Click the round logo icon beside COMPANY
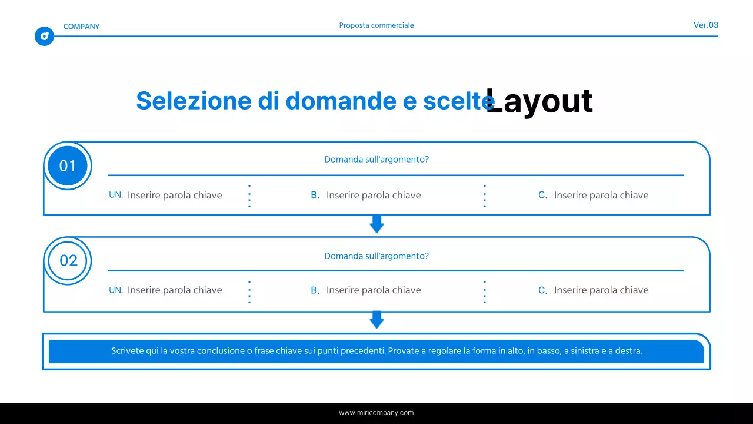coord(44,37)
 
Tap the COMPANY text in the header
coord(81,26)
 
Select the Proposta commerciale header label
coord(376,25)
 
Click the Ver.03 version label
coord(706,25)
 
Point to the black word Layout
coord(539,101)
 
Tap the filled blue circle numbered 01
coord(68,165)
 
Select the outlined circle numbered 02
coord(68,260)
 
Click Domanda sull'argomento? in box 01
coord(376,160)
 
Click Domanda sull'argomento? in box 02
coord(376,256)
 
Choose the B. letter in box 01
coord(315,195)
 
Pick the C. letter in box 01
coord(543,195)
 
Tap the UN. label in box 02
coord(116,290)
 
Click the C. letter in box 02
coord(543,290)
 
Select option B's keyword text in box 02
coord(374,290)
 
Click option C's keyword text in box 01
coord(601,195)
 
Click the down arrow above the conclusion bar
coord(376,320)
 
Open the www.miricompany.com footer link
coord(376,413)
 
